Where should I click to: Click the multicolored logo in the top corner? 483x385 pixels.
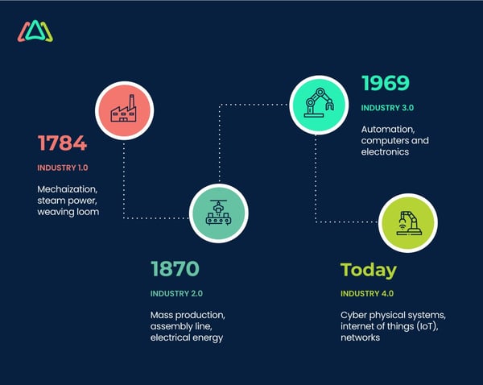click(x=35, y=31)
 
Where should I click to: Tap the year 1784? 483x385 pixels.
click(x=62, y=143)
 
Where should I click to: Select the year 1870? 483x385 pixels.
click(x=175, y=268)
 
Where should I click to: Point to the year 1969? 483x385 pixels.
click(x=385, y=83)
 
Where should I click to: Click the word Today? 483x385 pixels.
click(x=368, y=269)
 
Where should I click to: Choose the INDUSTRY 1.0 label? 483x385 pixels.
click(x=62, y=168)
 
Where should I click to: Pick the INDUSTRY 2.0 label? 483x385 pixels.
click(x=175, y=292)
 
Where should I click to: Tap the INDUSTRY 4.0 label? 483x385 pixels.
click(x=367, y=293)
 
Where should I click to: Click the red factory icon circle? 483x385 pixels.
click(x=123, y=110)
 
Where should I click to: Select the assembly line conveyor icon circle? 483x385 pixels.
click(x=217, y=213)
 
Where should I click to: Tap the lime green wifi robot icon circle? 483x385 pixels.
click(x=407, y=221)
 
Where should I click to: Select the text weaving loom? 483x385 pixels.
click(x=68, y=212)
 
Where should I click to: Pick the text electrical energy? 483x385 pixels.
click(x=186, y=337)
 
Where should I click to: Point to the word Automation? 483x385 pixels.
click(x=388, y=129)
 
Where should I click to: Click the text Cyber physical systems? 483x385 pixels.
click(x=393, y=314)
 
